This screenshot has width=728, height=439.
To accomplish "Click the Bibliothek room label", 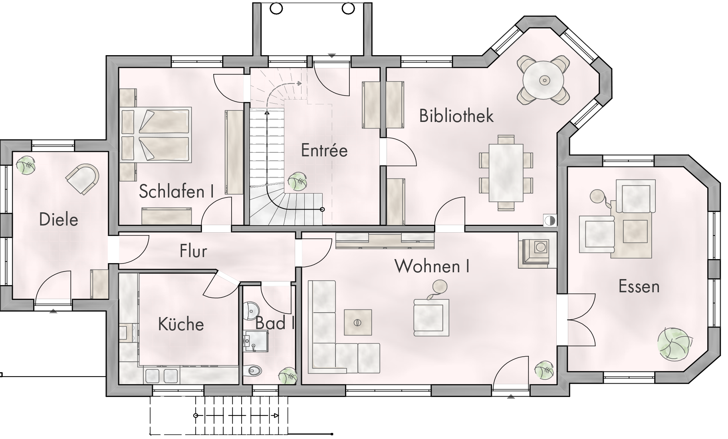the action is (456, 116).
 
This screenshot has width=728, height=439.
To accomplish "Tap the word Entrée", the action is (324, 150).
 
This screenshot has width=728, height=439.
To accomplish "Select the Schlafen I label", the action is (176, 191).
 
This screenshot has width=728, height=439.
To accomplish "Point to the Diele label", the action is (59, 219).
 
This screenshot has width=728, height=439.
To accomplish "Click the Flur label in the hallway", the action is (193, 251).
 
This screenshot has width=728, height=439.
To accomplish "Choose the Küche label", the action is (181, 324).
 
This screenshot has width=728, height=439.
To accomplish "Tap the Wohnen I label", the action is (432, 266).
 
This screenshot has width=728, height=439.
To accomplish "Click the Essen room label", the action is (639, 286).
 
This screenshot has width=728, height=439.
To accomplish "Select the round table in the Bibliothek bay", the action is (544, 80).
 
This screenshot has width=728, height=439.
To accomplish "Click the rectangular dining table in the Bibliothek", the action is (506, 173).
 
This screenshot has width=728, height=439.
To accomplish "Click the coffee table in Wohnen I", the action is (357, 322).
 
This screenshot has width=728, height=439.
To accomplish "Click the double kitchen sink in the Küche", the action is (161, 376).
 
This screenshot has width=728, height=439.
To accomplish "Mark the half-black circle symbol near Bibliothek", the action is (550, 220).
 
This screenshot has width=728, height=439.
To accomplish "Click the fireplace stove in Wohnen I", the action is (537, 250).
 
